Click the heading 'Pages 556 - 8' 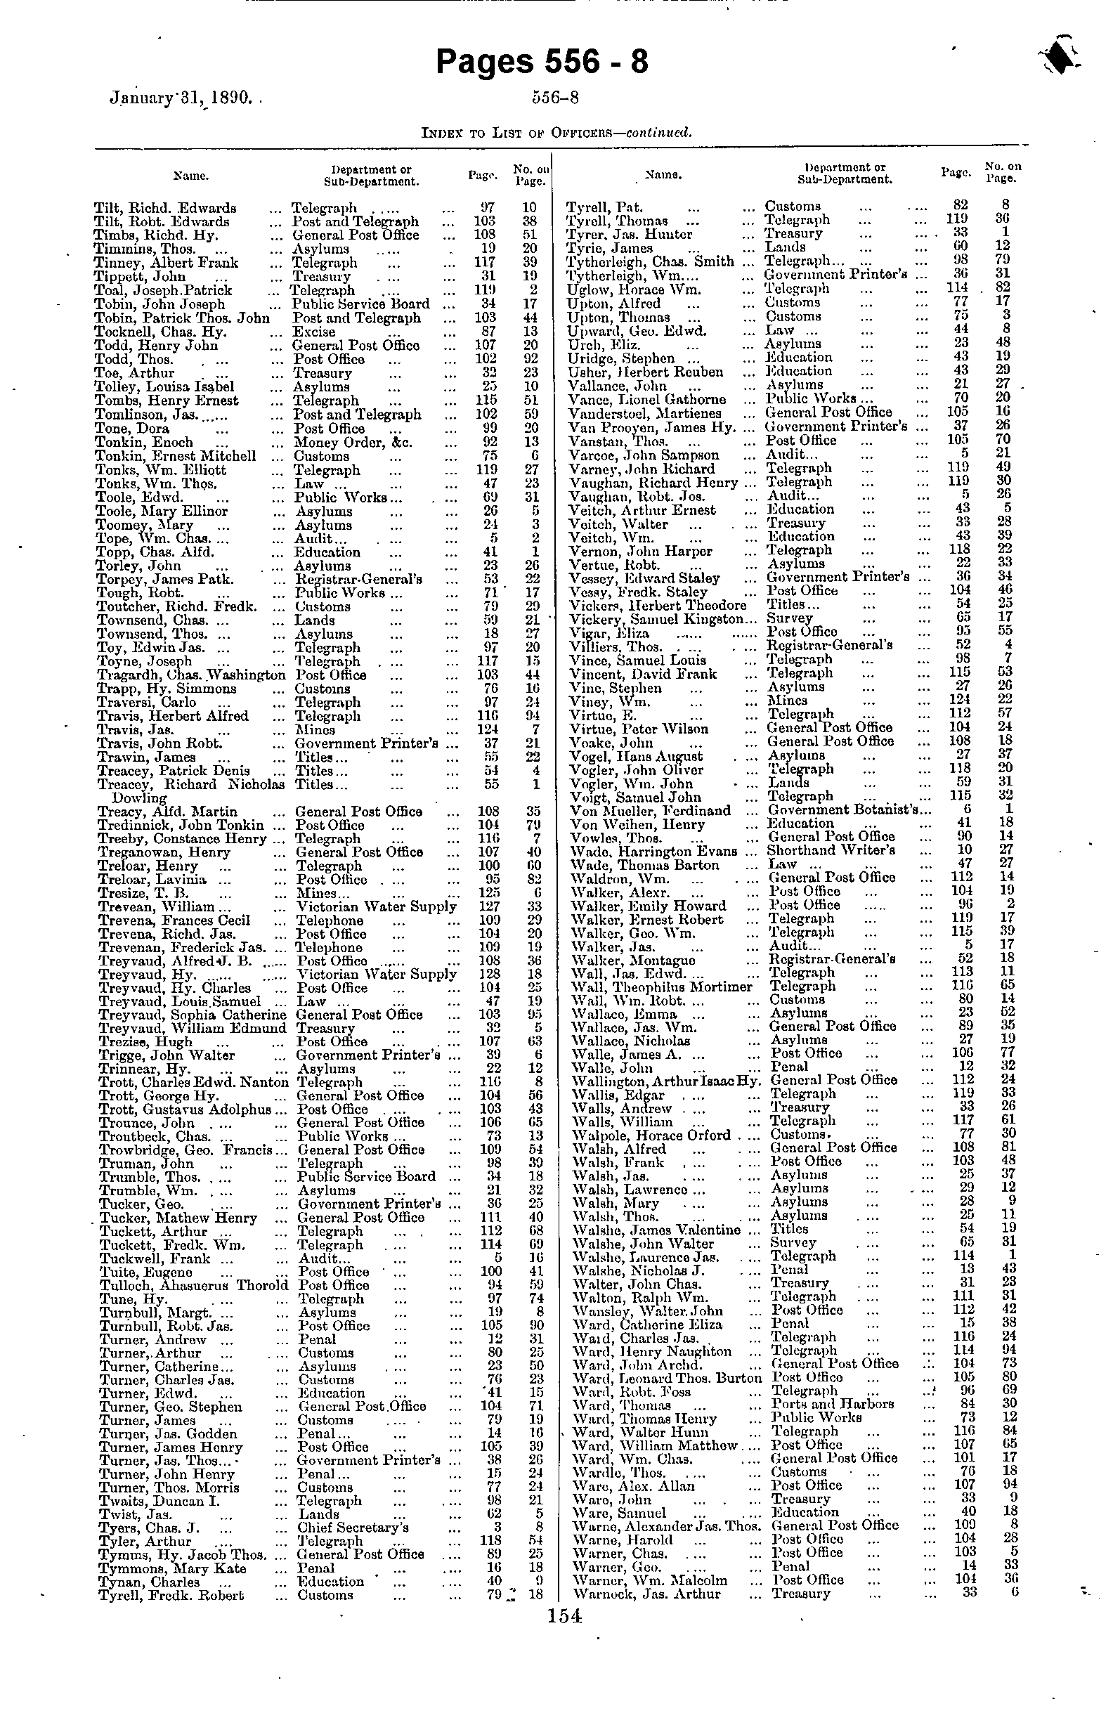pos(542,63)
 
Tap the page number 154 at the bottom pos(564,1615)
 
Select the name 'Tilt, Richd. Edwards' pos(165,208)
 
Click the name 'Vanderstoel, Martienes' pos(644,413)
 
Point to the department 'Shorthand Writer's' pos(831,850)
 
